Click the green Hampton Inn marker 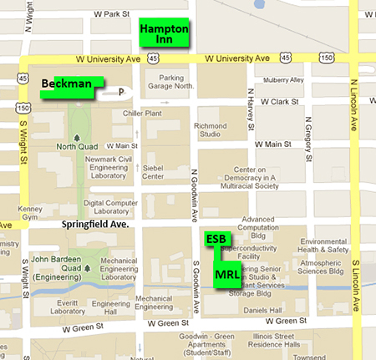[x=165, y=33]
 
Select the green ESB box [x=215, y=239]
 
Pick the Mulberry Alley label [x=284, y=80]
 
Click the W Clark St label [x=277, y=101]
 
